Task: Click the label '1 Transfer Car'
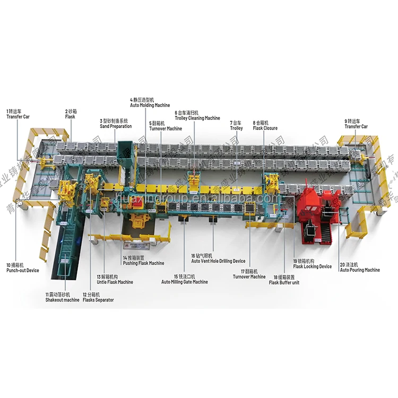coord(19,114)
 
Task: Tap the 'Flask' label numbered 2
coord(71,114)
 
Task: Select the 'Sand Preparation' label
coord(116,124)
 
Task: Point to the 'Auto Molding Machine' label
coord(150,102)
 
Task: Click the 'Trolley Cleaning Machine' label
coord(197,116)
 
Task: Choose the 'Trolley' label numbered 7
coord(237,125)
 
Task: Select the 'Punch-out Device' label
coord(22,267)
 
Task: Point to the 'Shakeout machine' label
coord(62,297)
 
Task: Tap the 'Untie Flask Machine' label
coord(115,279)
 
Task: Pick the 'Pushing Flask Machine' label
coord(143,261)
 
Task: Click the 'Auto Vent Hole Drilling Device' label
coord(218,258)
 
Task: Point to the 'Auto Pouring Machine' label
coord(360,267)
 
